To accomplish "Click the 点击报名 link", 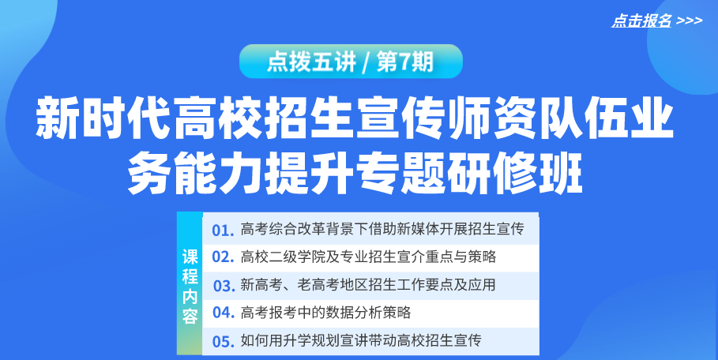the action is [x=641, y=21].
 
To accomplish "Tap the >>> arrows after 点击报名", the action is [x=689, y=21].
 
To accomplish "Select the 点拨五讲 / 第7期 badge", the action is [x=351, y=62].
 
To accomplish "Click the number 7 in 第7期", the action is [x=404, y=62].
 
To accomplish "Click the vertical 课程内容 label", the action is [x=190, y=287].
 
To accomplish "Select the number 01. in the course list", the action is [x=224, y=230].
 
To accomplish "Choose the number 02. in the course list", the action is [x=224, y=257].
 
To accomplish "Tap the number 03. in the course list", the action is [x=224, y=286].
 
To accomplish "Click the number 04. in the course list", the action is [x=224, y=313].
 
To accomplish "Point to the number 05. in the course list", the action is [x=224, y=341].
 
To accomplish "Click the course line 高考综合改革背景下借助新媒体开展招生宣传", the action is [x=382, y=229].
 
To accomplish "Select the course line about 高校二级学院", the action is [x=368, y=257].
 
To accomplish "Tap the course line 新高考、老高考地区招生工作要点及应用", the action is [x=368, y=285].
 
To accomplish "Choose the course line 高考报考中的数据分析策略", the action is [x=325, y=313].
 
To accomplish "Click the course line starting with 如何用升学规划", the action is [x=361, y=340].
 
